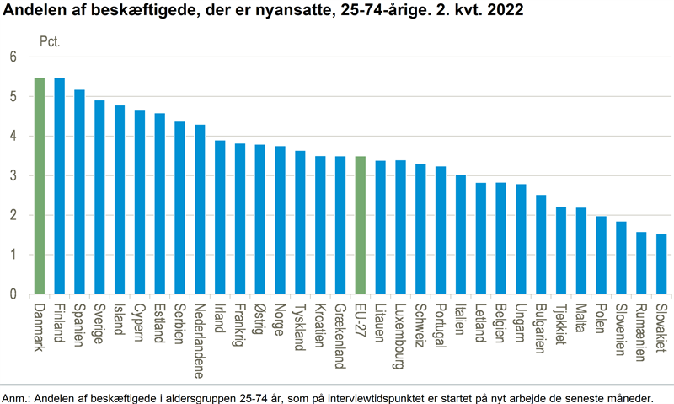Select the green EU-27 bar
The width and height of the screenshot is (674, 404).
(361, 225)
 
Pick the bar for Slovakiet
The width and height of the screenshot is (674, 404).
(661, 264)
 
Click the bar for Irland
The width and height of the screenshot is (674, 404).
(220, 217)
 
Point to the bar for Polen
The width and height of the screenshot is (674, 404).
(602, 255)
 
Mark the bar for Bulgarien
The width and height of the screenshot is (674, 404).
(541, 245)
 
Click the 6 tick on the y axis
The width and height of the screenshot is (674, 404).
(13, 57)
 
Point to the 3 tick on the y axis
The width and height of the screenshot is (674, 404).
(13, 176)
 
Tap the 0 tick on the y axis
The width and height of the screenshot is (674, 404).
(13, 294)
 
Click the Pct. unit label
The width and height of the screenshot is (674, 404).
(51, 40)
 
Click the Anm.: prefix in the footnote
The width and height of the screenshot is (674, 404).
(16, 396)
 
